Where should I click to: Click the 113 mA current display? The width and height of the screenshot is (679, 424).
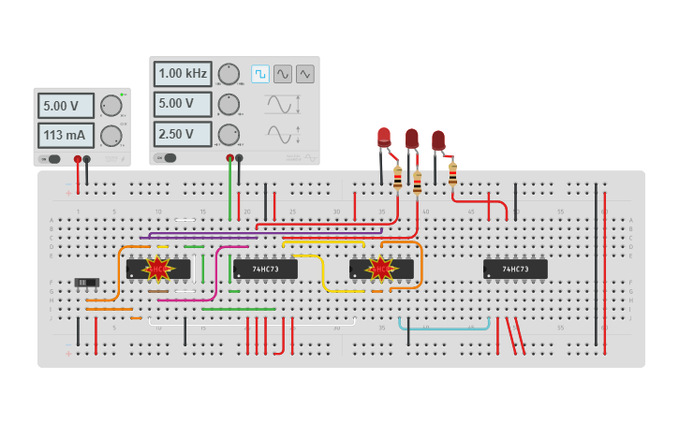point(66,136)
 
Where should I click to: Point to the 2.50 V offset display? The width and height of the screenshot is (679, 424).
point(184,134)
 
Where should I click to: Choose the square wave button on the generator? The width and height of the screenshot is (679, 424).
point(259,73)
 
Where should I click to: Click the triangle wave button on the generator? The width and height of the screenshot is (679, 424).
point(304,73)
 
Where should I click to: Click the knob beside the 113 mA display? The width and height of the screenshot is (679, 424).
point(111,136)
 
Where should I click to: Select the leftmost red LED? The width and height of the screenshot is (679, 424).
point(383,138)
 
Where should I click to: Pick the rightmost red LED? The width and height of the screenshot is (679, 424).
point(437,140)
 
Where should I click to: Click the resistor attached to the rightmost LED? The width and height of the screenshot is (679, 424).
point(452,173)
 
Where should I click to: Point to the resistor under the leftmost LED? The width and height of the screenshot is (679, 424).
point(397,178)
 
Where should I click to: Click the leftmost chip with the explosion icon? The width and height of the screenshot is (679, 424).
point(158,270)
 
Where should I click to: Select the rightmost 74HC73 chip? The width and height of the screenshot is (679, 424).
point(515,270)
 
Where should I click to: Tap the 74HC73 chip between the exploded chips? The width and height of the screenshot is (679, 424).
point(266,270)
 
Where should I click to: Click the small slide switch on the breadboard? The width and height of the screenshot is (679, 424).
point(86,282)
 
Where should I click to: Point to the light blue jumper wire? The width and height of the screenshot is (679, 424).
point(445,328)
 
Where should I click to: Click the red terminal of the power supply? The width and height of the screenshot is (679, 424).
point(78,159)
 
